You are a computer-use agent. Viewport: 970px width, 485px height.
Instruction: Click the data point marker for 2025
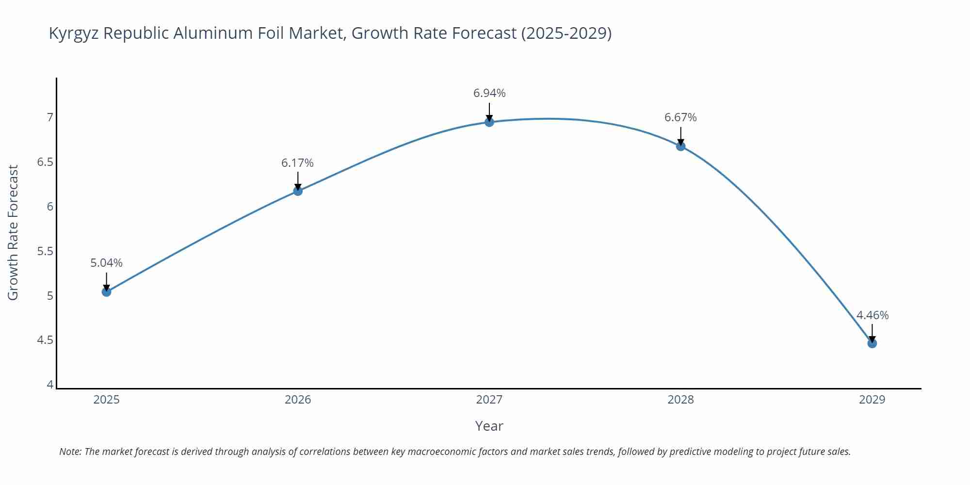(x=106, y=291)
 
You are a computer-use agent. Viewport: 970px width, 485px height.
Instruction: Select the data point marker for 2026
(x=298, y=191)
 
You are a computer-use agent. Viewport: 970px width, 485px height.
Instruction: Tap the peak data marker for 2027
(x=489, y=122)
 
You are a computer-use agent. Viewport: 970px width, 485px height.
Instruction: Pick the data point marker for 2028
(x=680, y=146)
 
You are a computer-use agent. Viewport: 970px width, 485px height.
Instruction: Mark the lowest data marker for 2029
(x=872, y=343)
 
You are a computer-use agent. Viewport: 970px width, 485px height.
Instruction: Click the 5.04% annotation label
(x=106, y=263)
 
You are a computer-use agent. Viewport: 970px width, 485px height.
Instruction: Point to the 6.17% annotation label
(x=298, y=163)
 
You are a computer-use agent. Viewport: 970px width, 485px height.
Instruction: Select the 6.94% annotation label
(x=489, y=93)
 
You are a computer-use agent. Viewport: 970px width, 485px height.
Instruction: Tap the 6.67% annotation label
(x=680, y=117)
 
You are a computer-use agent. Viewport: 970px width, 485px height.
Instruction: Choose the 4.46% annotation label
(x=872, y=315)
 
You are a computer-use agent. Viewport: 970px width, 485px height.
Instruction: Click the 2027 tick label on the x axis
(x=489, y=400)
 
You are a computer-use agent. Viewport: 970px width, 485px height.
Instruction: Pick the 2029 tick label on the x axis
(x=872, y=400)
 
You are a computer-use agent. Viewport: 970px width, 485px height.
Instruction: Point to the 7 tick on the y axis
(x=50, y=117)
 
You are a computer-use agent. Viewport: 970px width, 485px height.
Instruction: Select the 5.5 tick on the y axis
(x=45, y=251)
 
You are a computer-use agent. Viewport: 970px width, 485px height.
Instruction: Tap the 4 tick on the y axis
(x=50, y=385)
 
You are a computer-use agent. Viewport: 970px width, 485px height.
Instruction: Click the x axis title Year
(x=489, y=426)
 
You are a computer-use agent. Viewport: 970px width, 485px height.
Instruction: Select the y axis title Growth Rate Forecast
(x=13, y=232)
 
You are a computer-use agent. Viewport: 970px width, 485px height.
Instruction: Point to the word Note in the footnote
(x=70, y=452)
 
